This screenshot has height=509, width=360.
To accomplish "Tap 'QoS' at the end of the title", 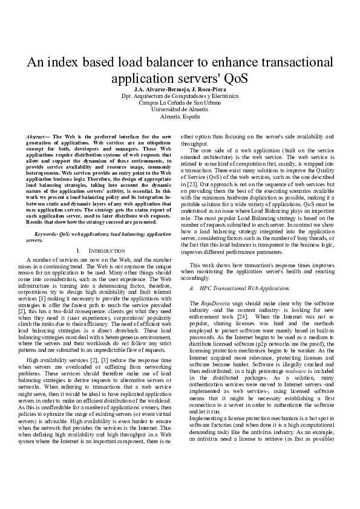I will [232, 80].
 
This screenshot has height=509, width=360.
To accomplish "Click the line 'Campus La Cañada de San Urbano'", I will [180, 103].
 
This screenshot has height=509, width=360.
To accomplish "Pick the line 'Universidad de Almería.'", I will [180, 109].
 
